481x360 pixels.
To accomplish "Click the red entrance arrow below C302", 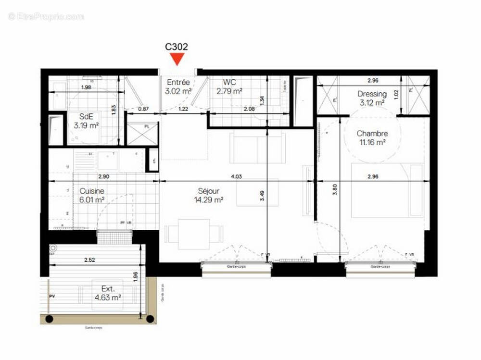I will point(177,60).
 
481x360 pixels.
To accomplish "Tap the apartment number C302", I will point(177,47).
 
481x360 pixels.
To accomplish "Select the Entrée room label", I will point(178,83).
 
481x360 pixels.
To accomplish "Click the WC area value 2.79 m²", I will point(229,91).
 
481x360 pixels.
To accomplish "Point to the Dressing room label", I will point(372,94).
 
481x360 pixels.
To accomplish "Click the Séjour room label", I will point(205,191).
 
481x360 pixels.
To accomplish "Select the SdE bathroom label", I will point(87,116).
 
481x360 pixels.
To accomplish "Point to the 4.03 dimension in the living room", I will point(236,177).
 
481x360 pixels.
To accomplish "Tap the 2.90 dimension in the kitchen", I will point(103,177).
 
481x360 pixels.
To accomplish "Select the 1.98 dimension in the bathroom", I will point(86,87).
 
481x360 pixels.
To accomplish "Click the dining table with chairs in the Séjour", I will point(194,232).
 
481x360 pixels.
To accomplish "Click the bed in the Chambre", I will point(387,190).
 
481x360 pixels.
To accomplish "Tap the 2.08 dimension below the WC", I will point(249,110).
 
